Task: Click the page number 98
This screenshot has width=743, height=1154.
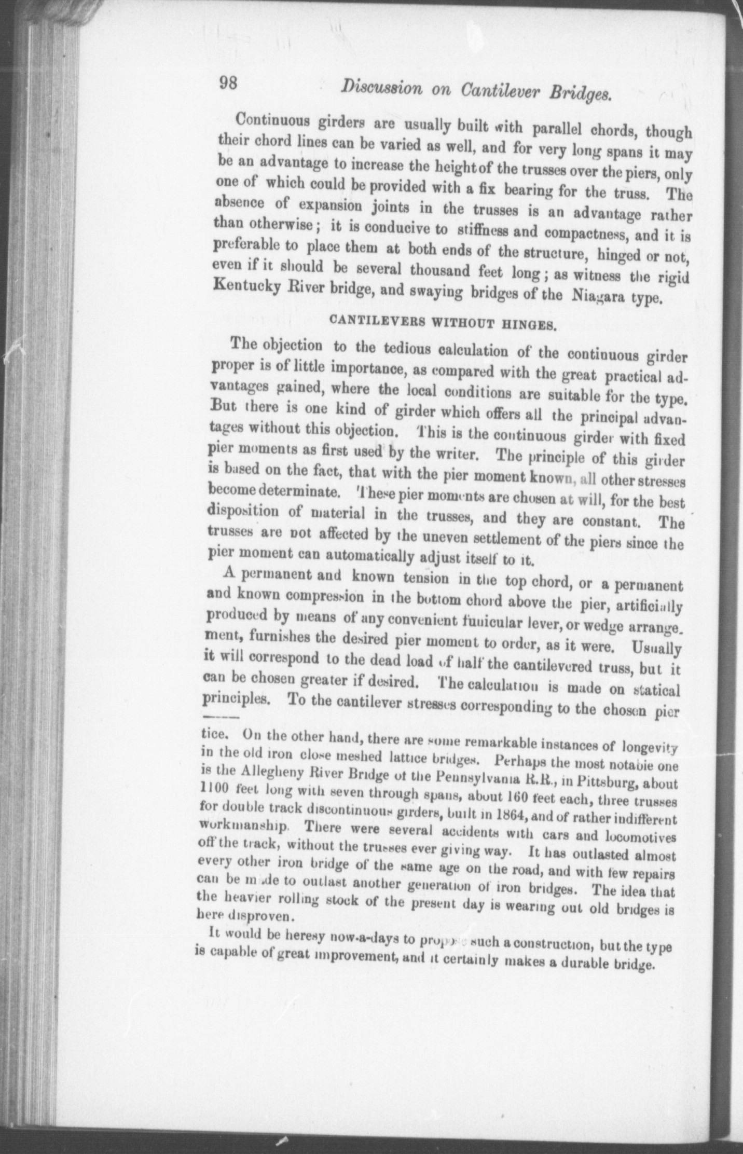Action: pyautogui.click(x=228, y=84)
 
